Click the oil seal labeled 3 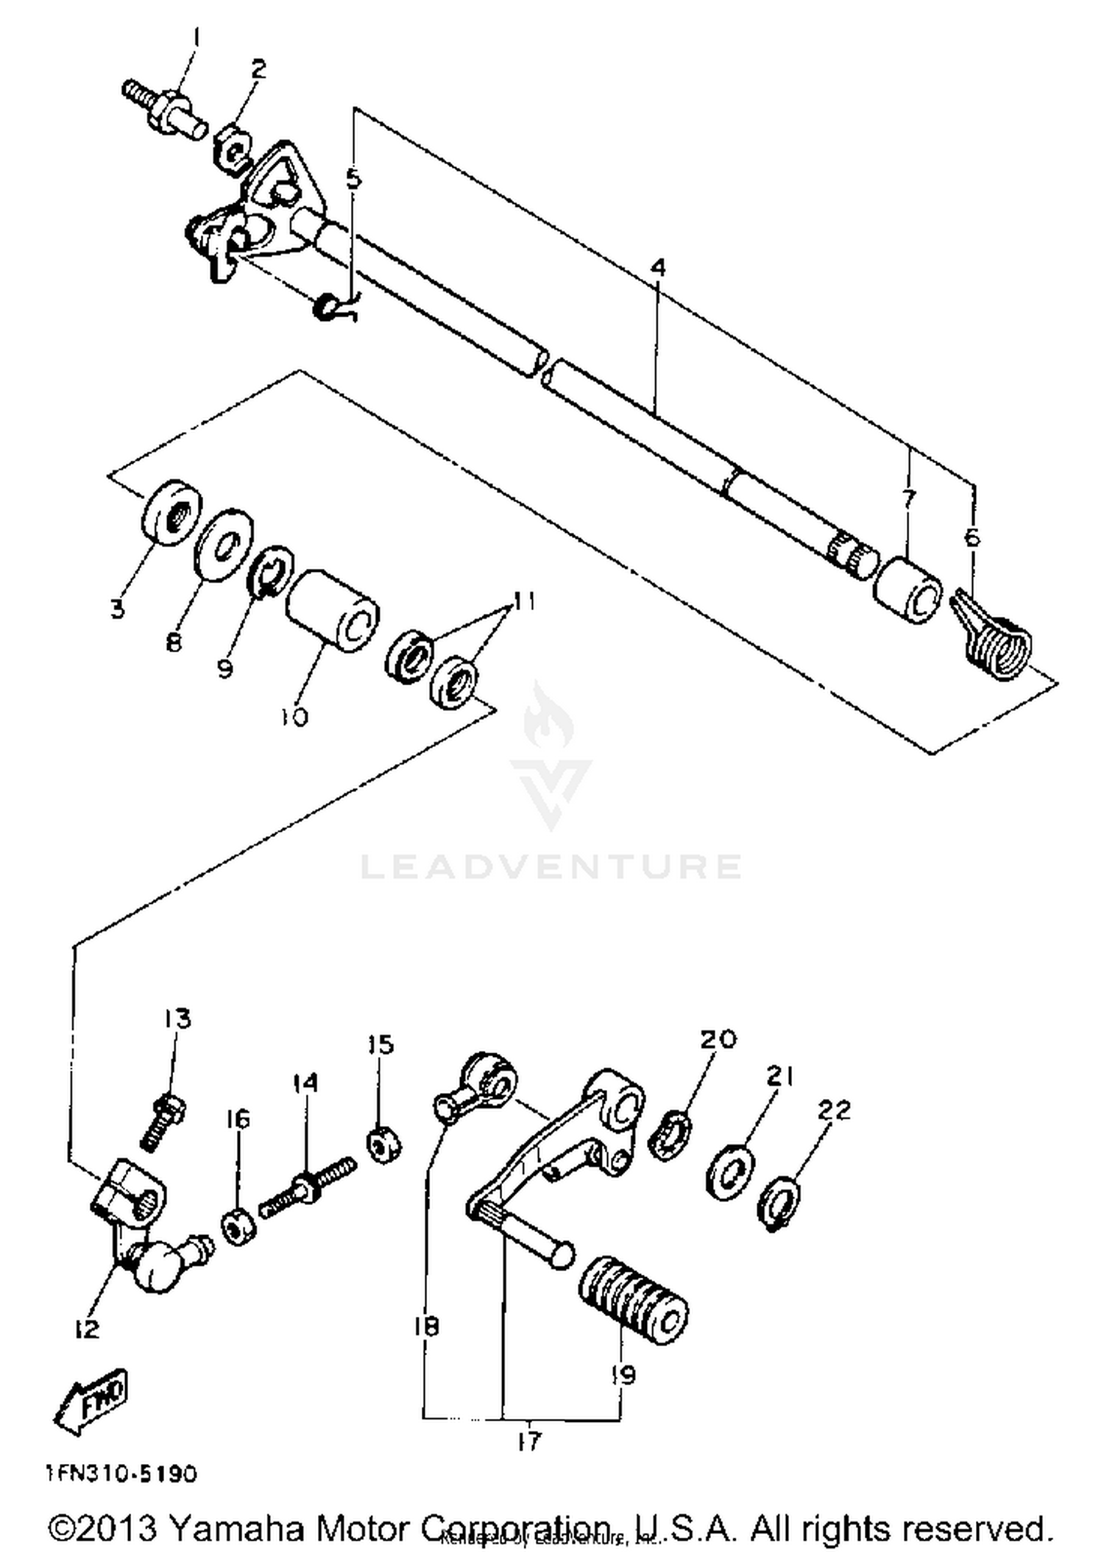pos(171,512)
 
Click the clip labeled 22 pos(781,1204)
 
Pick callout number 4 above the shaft pos(657,267)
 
